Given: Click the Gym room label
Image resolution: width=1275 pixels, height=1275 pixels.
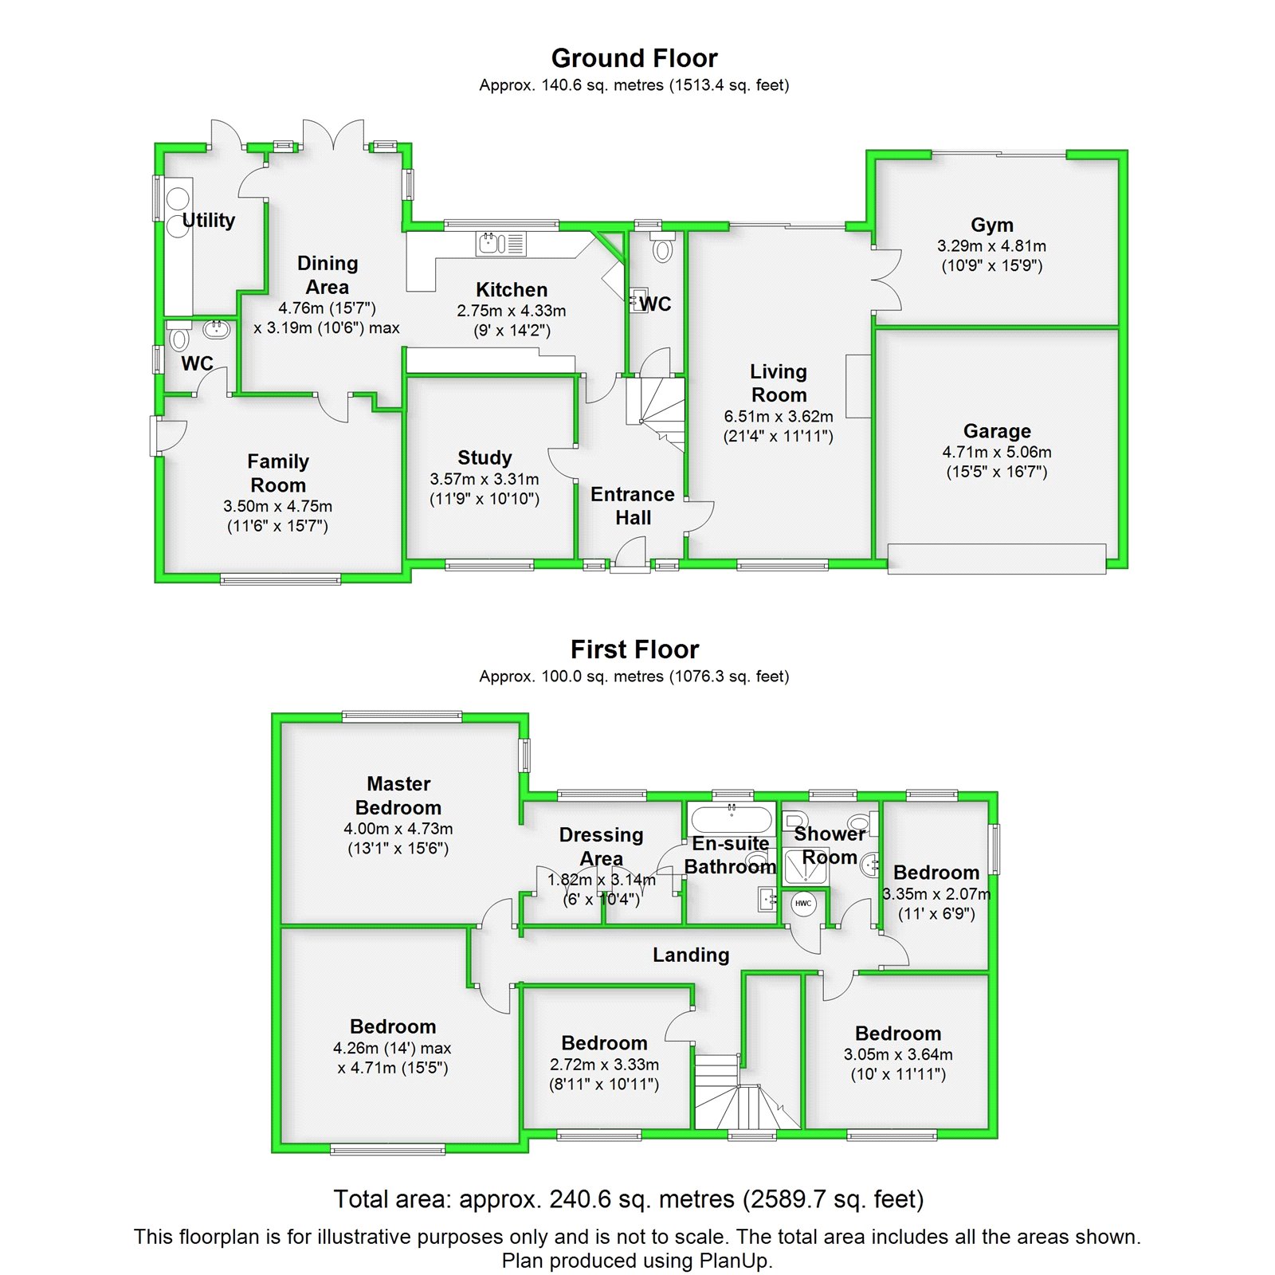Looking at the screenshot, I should point(991,226).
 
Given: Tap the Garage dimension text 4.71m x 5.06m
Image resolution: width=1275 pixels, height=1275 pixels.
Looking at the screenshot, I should point(996,452).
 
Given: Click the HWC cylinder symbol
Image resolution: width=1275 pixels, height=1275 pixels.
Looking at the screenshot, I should point(802,904).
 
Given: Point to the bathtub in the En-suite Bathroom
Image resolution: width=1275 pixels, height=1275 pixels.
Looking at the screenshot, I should point(731,819).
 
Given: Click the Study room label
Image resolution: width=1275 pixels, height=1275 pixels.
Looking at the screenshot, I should point(484,457).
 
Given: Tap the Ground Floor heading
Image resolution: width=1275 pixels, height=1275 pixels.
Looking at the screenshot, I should point(634,58).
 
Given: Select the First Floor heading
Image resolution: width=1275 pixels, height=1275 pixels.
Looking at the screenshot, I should point(634,649).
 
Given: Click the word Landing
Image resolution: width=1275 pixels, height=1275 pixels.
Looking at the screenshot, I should point(691,955).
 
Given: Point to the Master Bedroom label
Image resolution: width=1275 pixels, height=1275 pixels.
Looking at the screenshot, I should point(398,795).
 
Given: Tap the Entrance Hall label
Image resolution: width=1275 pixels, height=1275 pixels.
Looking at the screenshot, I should point(633,506).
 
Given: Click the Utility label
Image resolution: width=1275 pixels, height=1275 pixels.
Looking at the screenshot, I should point(209,220).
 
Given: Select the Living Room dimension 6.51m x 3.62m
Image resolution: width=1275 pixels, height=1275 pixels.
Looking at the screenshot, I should point(779,416).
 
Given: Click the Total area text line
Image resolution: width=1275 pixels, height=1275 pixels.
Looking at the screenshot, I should point(628,1198).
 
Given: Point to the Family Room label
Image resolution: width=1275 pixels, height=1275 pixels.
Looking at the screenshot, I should point(277,473).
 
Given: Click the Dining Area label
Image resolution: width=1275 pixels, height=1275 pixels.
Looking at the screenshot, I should point(327,275).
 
